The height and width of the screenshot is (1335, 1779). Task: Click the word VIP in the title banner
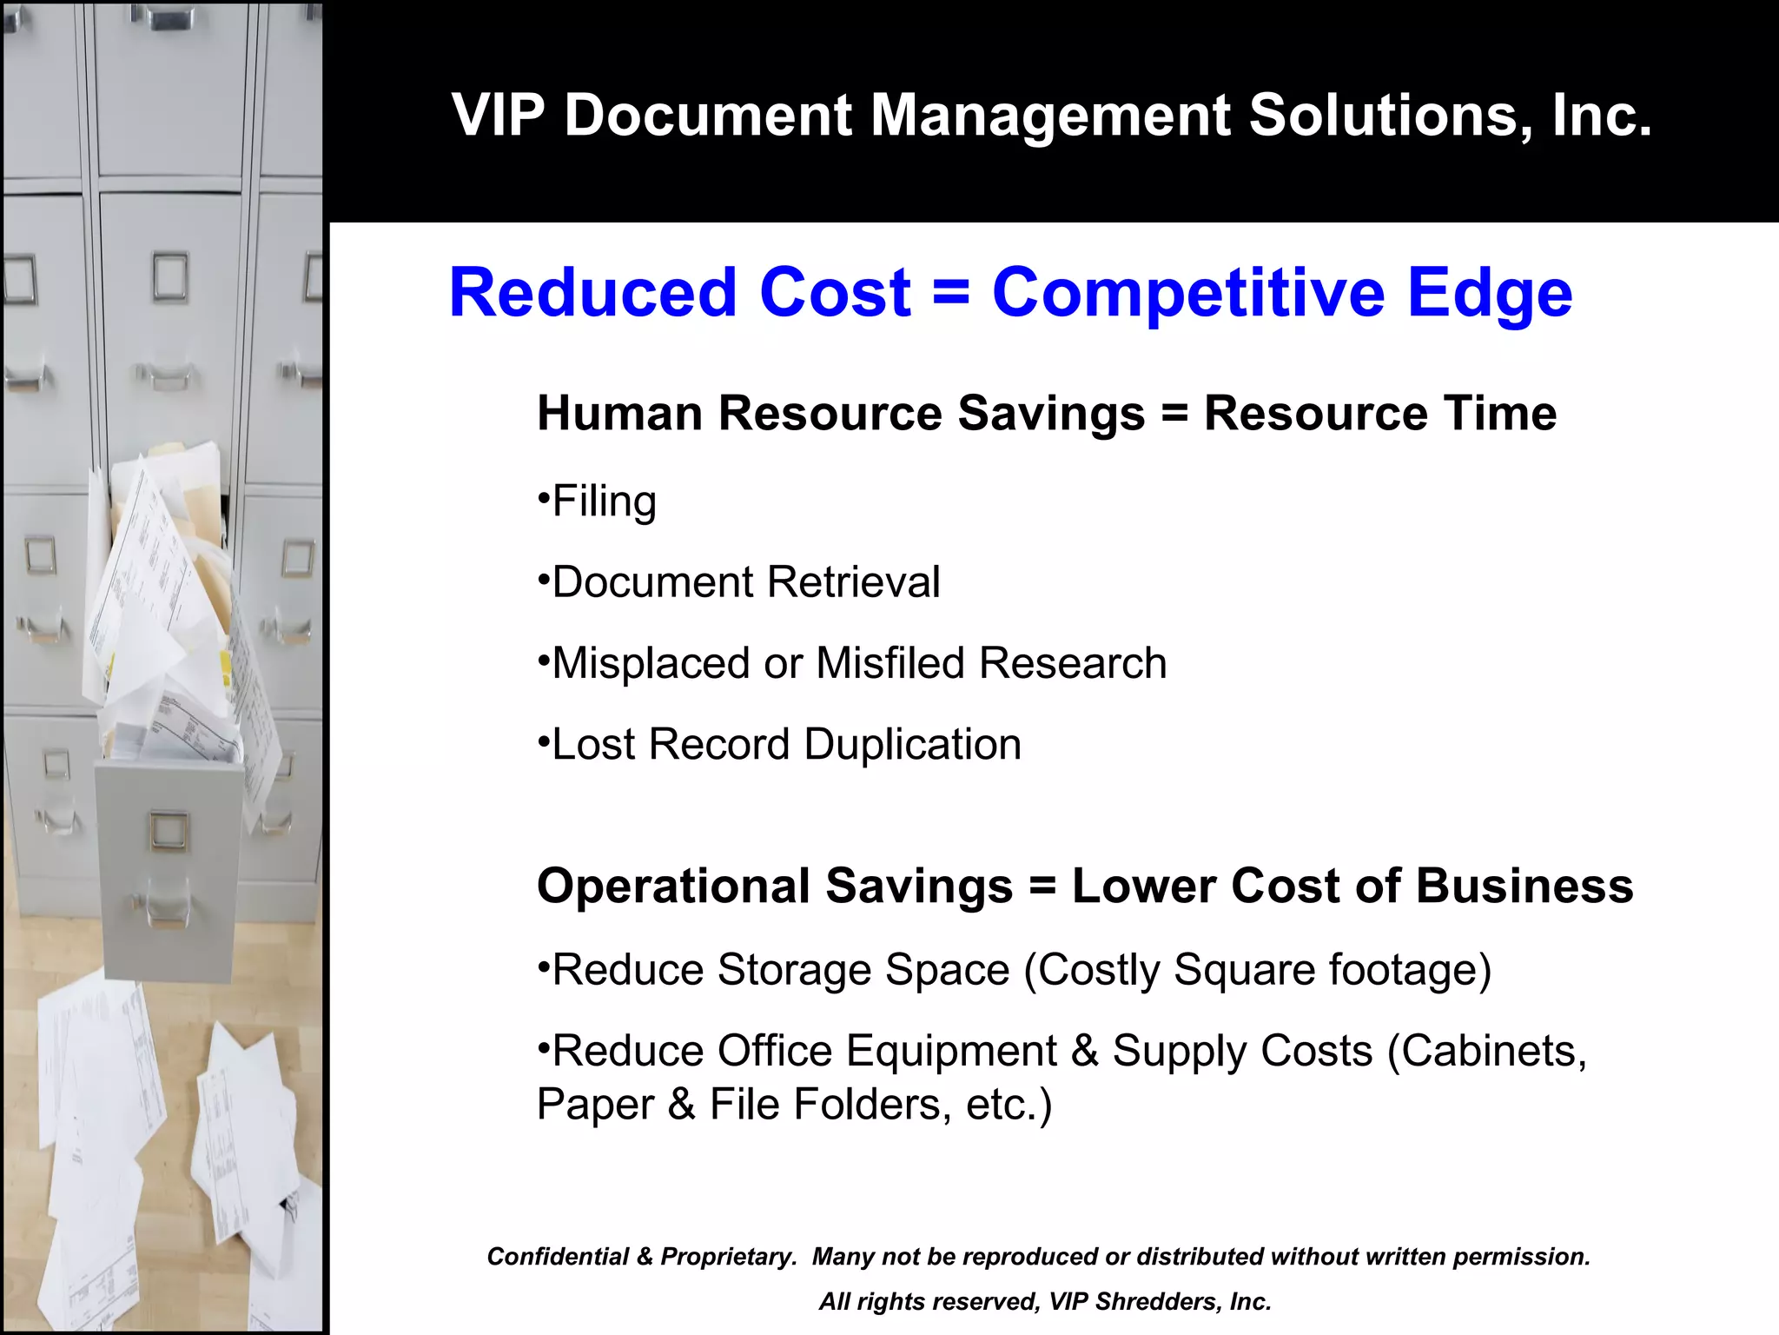coord(498,115)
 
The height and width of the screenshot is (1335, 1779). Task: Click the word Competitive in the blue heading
coord(1188,293)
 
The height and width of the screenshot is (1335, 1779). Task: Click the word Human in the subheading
coord(619,413)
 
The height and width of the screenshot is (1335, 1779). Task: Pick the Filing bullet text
coord(604,502)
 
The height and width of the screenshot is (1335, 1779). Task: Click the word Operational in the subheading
coord(673,887)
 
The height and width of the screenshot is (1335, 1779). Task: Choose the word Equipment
coord(951,1051)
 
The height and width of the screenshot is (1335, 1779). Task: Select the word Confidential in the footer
coord(558,1257)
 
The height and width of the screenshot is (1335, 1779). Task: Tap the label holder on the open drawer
coord(168,830)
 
